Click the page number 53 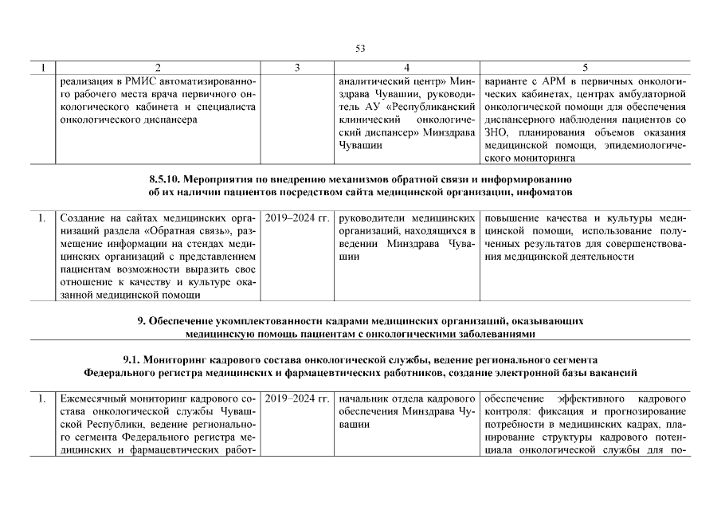pos(360,49)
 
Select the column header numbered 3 pos(297,69)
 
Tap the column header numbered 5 pos(586,69)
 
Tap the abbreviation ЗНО pos(495,132)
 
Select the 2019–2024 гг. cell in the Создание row pos(297,218)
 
